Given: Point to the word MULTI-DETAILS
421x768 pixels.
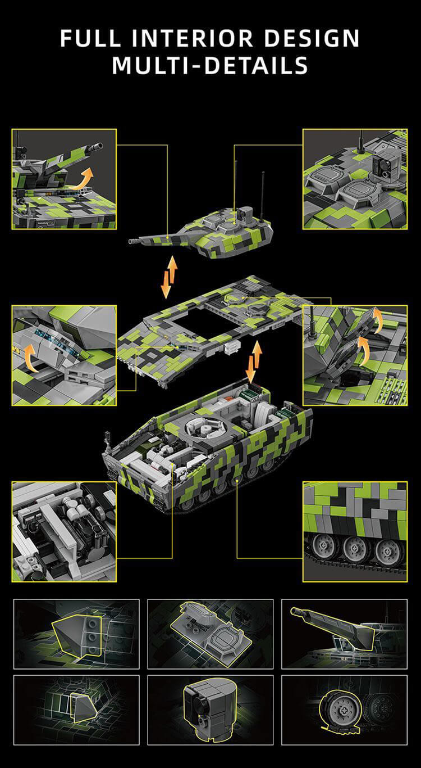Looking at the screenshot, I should coord(210,65).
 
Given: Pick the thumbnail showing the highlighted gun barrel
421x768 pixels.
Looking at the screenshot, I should coord(344,633).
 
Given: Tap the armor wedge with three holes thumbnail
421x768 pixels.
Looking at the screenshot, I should coord(76,633).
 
